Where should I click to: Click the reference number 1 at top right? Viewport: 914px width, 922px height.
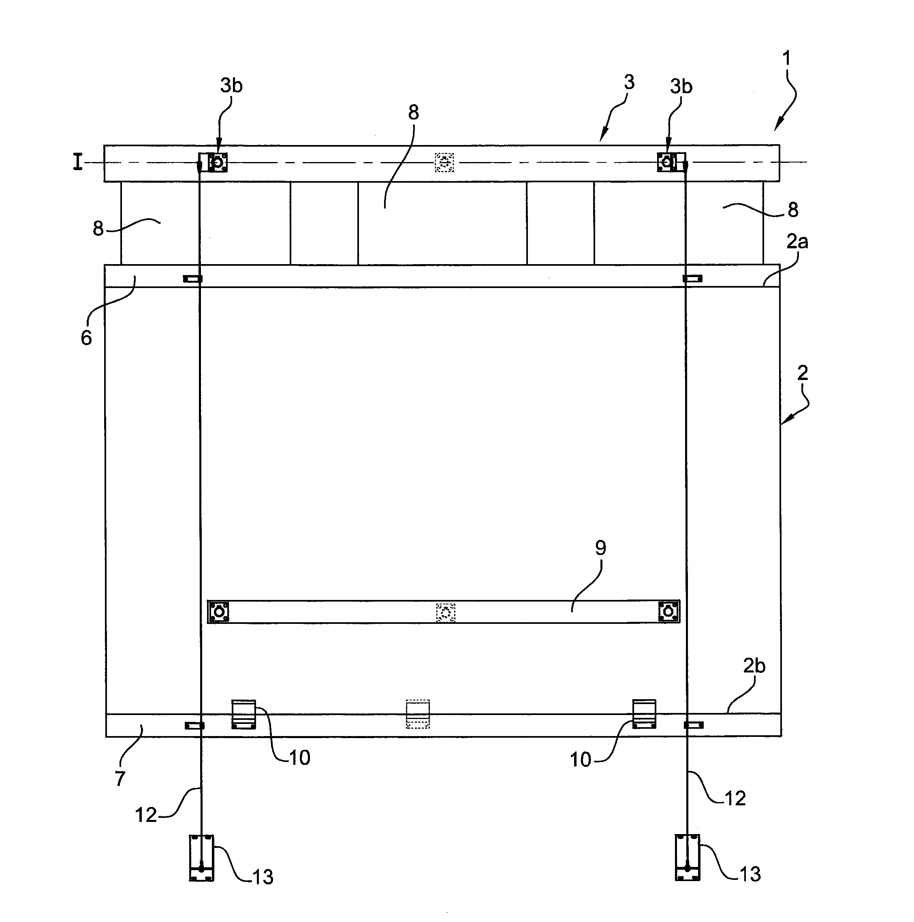[786, 58]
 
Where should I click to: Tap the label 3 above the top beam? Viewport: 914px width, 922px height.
[629, 82]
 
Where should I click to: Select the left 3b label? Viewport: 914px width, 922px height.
[231, 85]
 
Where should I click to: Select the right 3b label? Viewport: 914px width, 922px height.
[681, 86]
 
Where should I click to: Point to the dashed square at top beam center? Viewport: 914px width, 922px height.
[444, 163]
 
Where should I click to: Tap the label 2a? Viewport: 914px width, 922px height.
[797, 242]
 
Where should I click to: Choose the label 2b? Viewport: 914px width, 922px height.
[754, 666]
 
